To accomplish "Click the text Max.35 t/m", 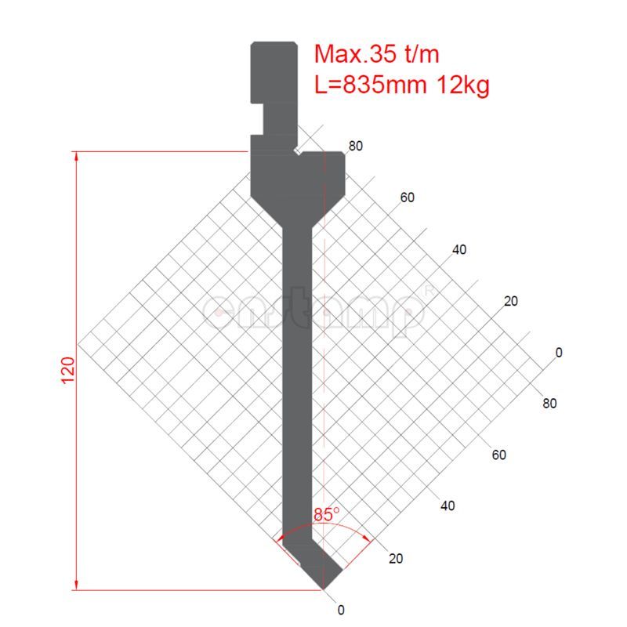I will tap(377, 54).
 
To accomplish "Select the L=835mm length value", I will tap(370, 85).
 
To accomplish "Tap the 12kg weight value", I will tap(460, 85).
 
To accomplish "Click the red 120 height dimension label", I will tap(67, 370).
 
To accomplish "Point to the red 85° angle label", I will tap(326, 515).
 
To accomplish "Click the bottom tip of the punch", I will tap(323, 587).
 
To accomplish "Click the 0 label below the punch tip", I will tap(340, 610).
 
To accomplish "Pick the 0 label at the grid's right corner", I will tap(559, 353).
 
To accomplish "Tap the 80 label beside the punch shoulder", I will tap(356, 146).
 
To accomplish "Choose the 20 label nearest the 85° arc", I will tap(396, 559).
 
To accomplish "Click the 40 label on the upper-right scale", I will tap(459, 250).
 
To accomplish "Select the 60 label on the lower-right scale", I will tap(498, 455).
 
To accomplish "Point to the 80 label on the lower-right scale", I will tap(549, 404).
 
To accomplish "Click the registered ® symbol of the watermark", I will tap(428, 291).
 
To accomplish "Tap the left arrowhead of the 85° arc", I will tap(278, 539).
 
